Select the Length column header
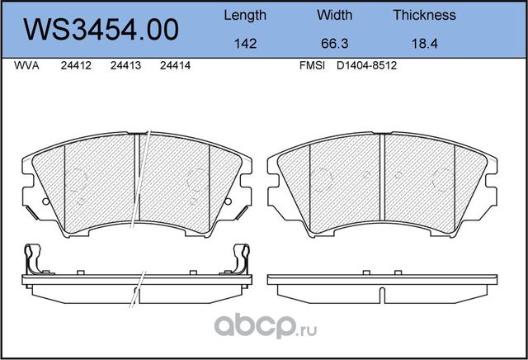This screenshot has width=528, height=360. pyautogui.click(x=245, y=15)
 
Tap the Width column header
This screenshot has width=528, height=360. pyautogui.click(x=334, y=15)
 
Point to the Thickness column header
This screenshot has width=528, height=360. pyautogui.click(x=424, y=15)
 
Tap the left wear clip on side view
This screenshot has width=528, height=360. pyautogui.click(x=32, y=259)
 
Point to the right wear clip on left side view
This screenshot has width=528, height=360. pyautogui.click(x=241, y=259)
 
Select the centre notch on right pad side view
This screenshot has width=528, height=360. pyautogui.click(x=384, y=292)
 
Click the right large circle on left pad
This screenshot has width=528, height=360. pyautogui.click(x=196, y=179)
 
